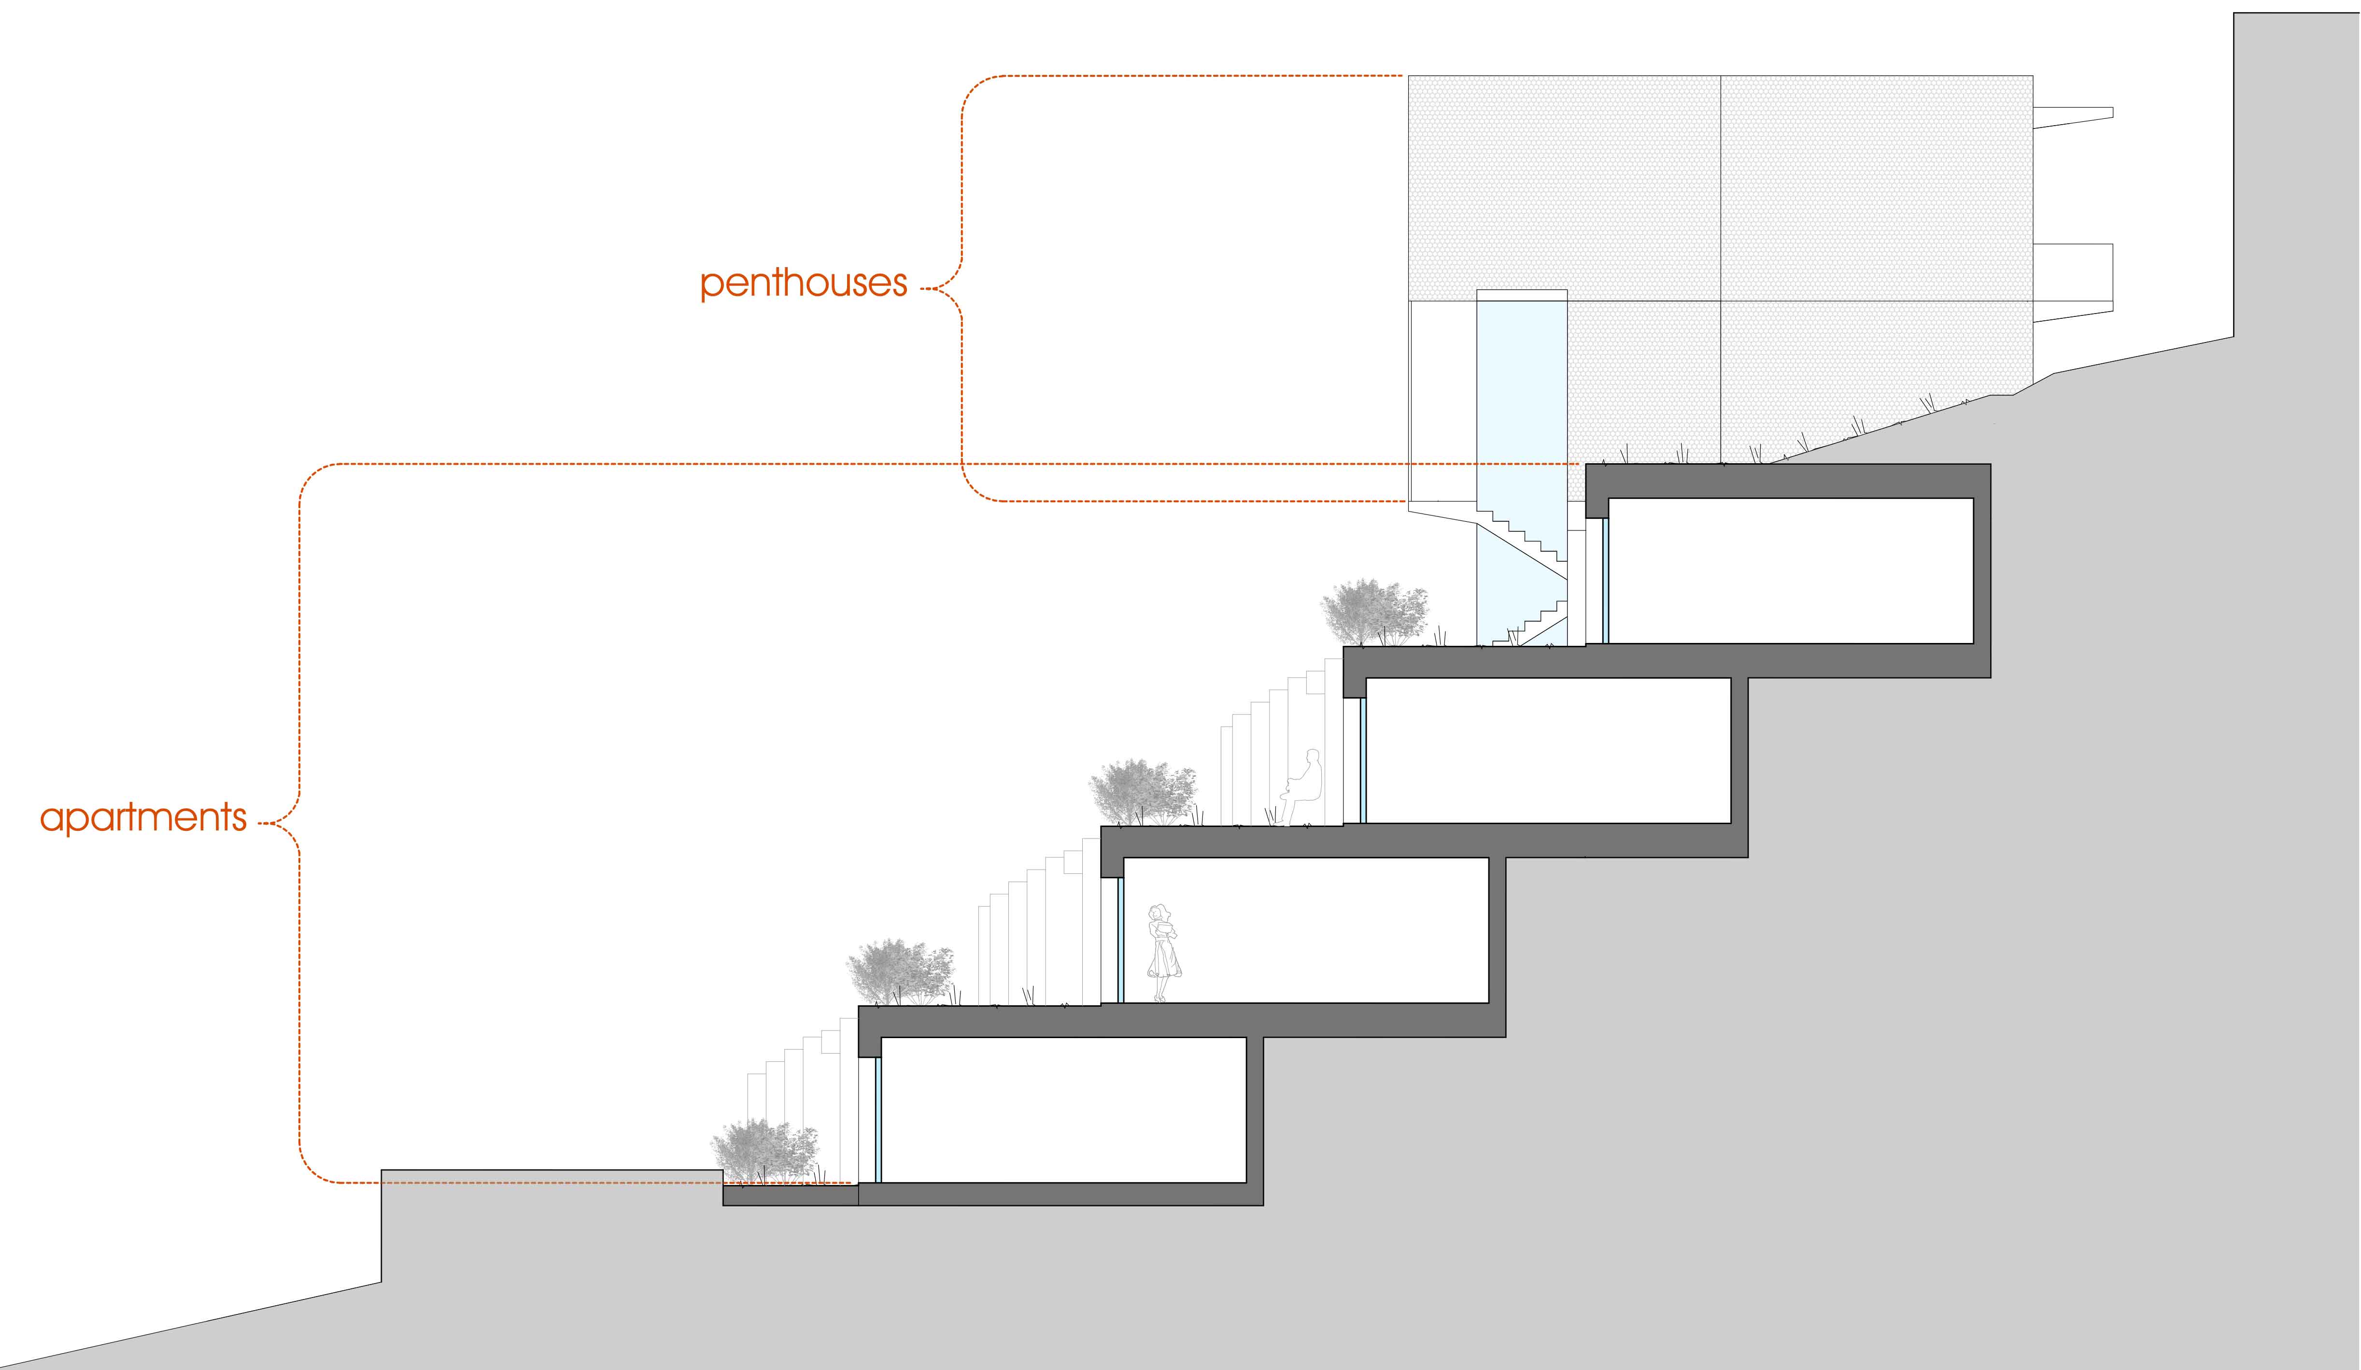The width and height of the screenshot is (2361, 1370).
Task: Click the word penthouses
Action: point(804,283)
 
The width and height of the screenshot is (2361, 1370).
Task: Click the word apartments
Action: point(143,818)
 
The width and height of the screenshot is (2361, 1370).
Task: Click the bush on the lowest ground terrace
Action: point(763,1151)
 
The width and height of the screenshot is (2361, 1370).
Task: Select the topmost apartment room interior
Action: point(1790,571)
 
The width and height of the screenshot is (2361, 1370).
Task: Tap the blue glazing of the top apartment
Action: point(1605,581)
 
